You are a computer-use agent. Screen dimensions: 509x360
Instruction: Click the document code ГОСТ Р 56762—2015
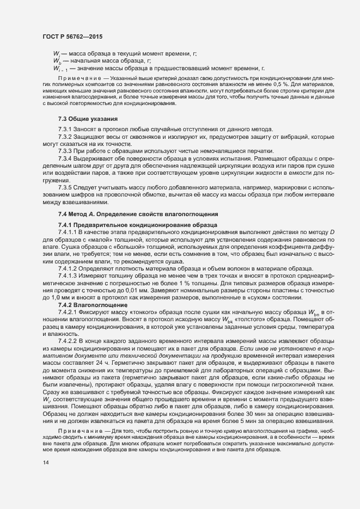coord(72,36)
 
